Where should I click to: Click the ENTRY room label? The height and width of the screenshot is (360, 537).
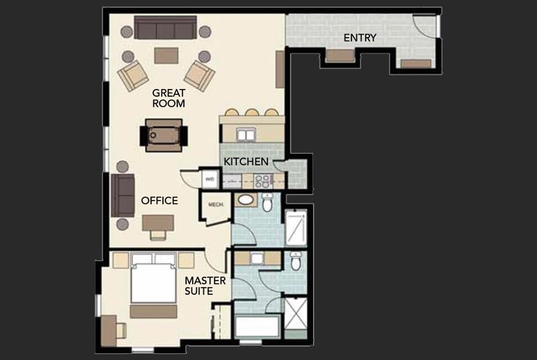(360, 38)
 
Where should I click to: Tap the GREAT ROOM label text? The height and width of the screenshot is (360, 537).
(168, 98)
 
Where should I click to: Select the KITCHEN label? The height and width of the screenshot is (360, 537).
(246, 161)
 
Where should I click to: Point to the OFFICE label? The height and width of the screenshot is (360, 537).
(159, 201)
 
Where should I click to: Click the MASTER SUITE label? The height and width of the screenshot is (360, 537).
(205, 285)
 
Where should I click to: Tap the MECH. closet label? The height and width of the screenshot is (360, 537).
(216, 205)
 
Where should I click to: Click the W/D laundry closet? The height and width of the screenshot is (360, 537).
(209, 179)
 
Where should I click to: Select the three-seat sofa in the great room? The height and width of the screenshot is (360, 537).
(165, 27)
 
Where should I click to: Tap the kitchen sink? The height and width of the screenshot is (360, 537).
(246, 135)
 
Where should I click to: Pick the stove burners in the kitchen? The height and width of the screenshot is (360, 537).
(263, 181)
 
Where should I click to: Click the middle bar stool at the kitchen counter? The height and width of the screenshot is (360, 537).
(252, 112)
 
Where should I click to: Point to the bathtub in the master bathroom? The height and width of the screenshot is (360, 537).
(257, 327)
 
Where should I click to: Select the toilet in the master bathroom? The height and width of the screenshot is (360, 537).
(296, 261)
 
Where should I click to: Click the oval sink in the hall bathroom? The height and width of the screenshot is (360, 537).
(245, 200)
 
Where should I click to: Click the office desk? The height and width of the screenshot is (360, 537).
(158, 223)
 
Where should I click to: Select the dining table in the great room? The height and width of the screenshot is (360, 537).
(163, 135)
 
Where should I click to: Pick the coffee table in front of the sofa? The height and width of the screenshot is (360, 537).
(166, 56)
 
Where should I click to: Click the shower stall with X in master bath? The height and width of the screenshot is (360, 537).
(295, 314)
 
